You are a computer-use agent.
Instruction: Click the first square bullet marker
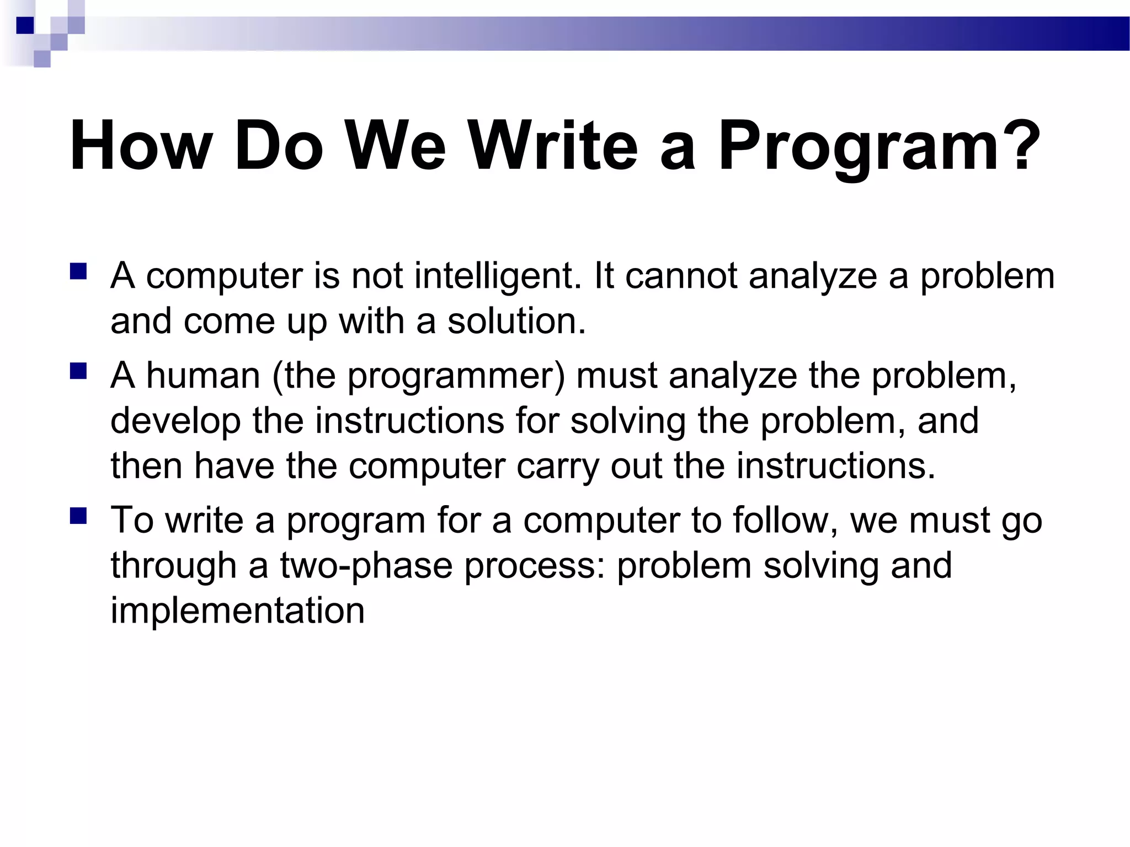click(78, 272)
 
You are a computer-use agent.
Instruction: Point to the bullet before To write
click(78, 517)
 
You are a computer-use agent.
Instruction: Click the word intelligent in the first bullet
click(494, 276)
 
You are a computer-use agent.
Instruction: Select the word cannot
click(681, 276)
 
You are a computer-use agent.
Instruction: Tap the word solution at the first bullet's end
click(516, 321)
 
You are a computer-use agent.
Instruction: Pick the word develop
click(175, 421)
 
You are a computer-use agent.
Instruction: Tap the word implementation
click(237, 611)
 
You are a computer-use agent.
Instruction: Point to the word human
click(202, 376)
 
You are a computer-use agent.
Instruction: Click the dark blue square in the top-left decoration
click(25, 25)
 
